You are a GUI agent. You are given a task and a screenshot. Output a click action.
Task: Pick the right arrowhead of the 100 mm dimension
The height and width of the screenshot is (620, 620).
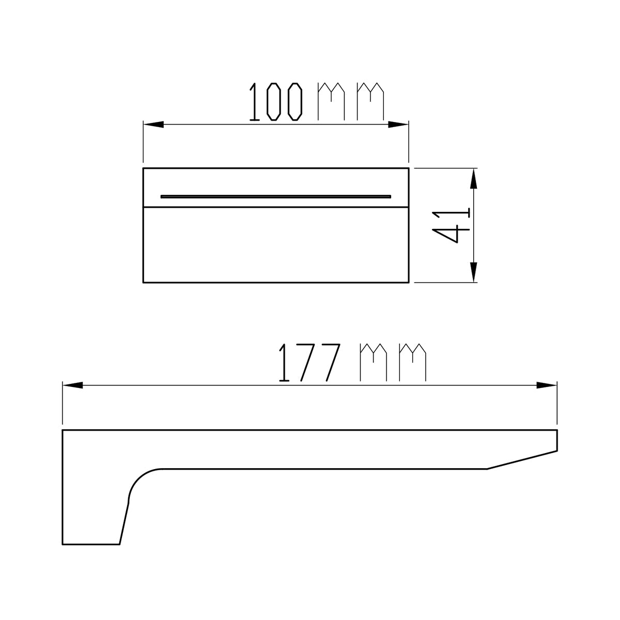click(x=398, y=125)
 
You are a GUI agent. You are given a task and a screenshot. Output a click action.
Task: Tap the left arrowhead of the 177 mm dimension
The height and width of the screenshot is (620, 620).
click(x=73, y=385)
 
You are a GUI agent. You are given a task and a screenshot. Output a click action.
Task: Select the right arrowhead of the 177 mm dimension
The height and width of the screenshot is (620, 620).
click(x=547, y=385)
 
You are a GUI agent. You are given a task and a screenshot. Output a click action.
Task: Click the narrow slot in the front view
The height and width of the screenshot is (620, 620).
click(x=276, y=196)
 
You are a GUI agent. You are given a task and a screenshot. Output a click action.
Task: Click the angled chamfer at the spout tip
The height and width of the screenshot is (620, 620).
click(x=522, y=459)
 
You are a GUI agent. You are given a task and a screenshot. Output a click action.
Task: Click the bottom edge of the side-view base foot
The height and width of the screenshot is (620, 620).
click(x=91, y=544)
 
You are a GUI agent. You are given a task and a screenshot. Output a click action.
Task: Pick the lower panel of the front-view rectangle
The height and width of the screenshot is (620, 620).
click(x=276, y=245)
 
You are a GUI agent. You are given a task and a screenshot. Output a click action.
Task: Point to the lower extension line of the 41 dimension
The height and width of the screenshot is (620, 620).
click(x=444, y=283)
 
